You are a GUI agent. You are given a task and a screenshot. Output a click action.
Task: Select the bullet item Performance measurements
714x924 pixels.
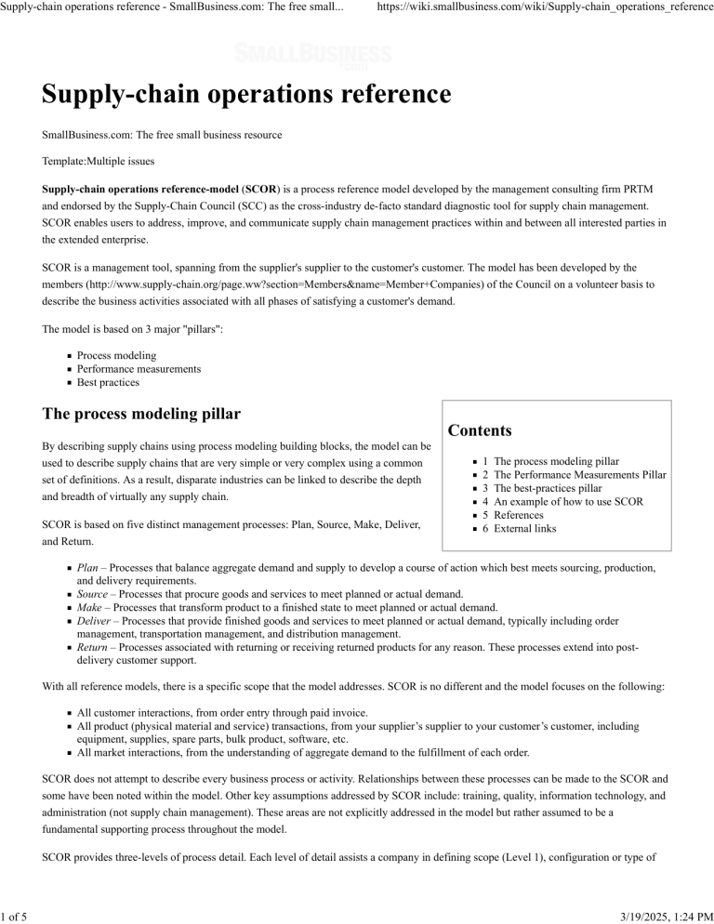[x=139, y=369]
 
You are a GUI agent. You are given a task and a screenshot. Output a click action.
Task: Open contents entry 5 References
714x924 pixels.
[x=526, y=515]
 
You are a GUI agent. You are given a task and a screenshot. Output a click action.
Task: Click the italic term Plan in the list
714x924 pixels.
[x=87, y=567]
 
